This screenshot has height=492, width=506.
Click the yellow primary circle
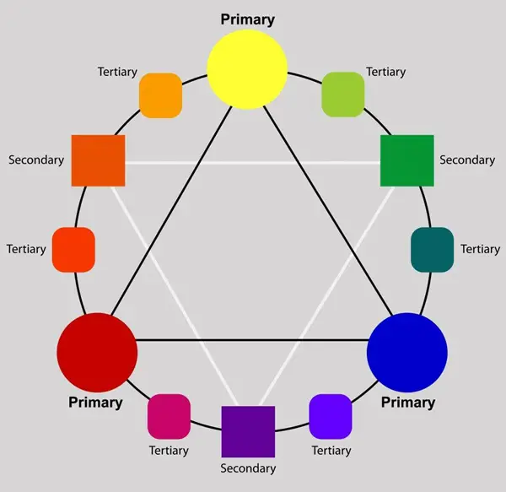(247, 69)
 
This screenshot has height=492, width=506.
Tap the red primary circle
(97, 353)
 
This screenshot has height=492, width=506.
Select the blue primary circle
(407, 353)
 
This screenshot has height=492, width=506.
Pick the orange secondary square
(98, 160)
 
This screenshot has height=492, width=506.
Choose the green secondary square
(407, 160)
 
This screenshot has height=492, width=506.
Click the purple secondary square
(248, 431)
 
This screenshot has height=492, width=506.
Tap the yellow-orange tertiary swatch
(161, 95)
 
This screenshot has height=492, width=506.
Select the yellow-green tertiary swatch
(343, 95)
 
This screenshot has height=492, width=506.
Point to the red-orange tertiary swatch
(73, 250)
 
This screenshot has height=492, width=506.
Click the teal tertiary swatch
(433, 250)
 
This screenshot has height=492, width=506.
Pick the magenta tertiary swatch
(170, 416)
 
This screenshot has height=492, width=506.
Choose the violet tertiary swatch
(331, 416)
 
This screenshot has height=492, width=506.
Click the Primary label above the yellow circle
(247, 19)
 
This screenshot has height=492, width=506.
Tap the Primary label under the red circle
(95, 403)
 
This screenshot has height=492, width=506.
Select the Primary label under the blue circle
(408, 403)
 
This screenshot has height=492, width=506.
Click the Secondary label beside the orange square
(36, 160)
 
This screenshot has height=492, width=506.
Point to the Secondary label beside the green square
(467, 160)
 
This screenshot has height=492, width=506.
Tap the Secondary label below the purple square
(248, 468)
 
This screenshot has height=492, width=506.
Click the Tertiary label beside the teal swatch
(480, 249)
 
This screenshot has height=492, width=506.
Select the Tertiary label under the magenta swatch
(169, 451)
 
